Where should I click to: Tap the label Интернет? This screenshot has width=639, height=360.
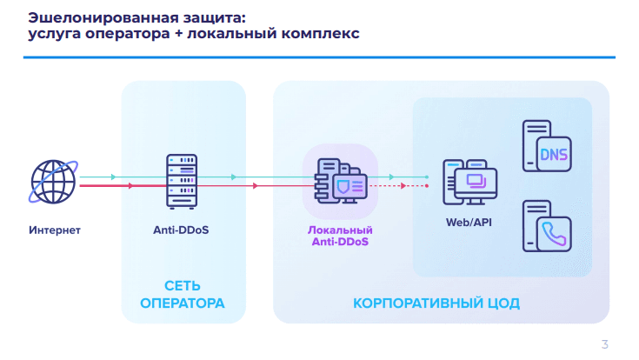54,231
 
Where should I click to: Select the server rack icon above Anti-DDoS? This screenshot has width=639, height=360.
181,180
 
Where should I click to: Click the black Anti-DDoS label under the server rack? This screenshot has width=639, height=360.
181,231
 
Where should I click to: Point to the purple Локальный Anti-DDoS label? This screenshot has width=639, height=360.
341,236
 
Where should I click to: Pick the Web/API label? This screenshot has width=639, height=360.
469,223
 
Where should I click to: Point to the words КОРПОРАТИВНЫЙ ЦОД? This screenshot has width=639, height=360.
436,303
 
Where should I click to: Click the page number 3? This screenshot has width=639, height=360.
605,343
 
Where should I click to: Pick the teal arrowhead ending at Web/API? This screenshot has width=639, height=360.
426,177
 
